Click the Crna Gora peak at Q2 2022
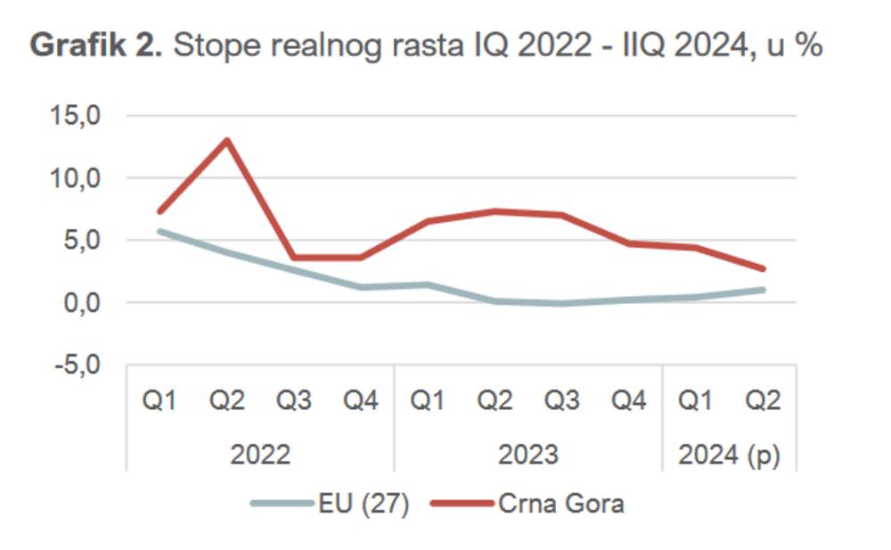coord(227,140)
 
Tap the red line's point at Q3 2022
coord(294,258)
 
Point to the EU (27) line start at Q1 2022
coord(160,231)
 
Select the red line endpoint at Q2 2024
coord(763,268)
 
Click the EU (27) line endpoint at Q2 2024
coord(763,290)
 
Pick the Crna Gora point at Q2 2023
coord(495,211)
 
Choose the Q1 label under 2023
coord(428,401)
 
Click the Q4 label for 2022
coord(361,401)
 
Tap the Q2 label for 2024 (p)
coord(763,401)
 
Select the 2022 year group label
coord(260,455)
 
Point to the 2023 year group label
coord(527,455)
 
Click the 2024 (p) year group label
coord(729,455)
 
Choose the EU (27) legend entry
coord(330,504)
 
